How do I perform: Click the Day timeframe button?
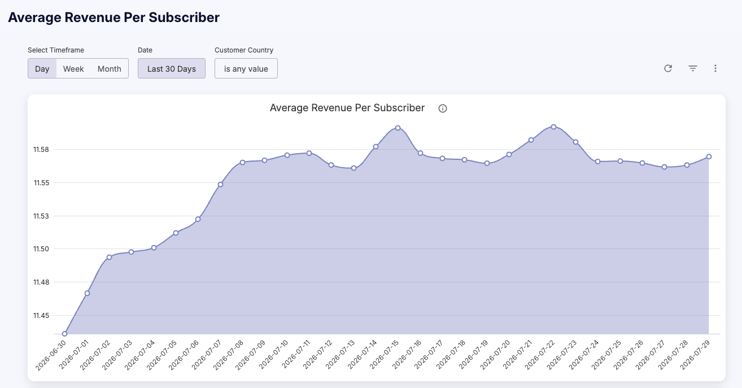(x=42, y=68)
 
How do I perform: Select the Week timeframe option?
(x=73, y=68)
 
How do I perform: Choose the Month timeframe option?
(x=110, y=68)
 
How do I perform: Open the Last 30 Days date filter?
(x=172, y=68)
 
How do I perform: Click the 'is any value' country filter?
(x=246, y=68)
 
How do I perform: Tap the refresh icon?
(x=668, y=68)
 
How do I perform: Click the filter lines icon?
(x=693, y=68)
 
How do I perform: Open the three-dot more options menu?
(x=715, y=68)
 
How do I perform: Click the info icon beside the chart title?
(x=443, y=108)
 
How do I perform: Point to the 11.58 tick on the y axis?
(x=41, y=150)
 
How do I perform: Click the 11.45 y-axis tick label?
(x=41, y=316)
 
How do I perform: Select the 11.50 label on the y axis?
(x=41, y=249)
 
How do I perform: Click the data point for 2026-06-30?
(x=64, y=334)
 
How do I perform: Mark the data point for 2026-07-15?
(x=398, y=128)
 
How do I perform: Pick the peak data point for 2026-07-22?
(x=553, y=127)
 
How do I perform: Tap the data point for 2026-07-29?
(x=709, y=156)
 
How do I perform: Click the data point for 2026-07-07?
(x=220, y=184)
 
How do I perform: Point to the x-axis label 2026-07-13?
(x=340, y=354)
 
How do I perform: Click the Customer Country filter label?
(x=244, y=50)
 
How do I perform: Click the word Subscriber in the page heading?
(x=184, y=18)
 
